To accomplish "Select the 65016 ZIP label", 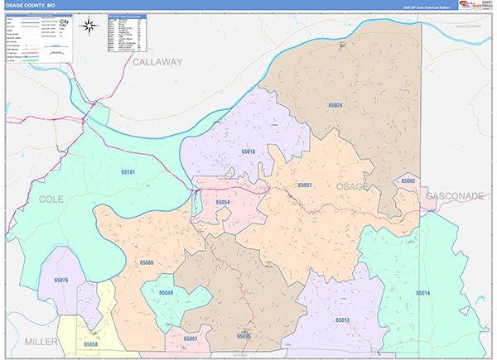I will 248,152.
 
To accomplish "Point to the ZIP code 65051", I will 305,185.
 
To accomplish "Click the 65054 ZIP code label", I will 223,203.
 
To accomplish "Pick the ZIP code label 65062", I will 408,180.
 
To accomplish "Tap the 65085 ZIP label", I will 147,262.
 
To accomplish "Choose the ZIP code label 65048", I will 166,294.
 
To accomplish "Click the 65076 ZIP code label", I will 60,281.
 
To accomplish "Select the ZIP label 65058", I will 90,343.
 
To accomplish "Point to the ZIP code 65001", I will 191,338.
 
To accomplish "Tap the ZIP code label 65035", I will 243,336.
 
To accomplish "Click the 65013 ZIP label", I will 343,319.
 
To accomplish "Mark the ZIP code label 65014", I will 423,294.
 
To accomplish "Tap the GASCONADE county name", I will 455,196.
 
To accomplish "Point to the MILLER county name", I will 42,341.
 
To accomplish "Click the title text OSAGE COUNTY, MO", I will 32,5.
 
